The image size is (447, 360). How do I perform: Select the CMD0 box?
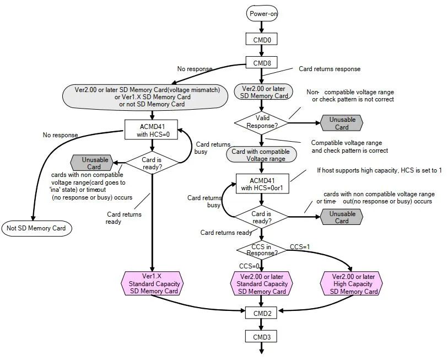coord(261,39)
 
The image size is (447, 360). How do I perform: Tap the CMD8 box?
coord(261,63)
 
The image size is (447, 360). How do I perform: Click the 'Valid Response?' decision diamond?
coord(262,121)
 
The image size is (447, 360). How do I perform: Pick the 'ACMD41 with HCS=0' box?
coord(153,131)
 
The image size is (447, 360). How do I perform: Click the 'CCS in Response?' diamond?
coord(262,250)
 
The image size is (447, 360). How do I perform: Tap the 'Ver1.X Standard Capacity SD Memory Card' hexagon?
coord(153,283)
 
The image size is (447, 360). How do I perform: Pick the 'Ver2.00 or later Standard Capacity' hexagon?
coord(262,283)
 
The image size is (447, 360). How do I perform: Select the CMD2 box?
coord(261,313)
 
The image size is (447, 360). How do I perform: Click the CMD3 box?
coord(261,336)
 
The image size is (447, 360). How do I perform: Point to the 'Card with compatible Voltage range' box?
coord(262,155)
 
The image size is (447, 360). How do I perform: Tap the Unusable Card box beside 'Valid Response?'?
coord(342,123)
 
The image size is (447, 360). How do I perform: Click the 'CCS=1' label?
coord(300,247)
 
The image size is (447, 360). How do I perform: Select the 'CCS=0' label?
coord(249,266)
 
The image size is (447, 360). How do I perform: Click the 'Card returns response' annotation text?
coord(329,69)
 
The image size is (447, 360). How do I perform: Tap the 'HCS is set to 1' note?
coord(379,170)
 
